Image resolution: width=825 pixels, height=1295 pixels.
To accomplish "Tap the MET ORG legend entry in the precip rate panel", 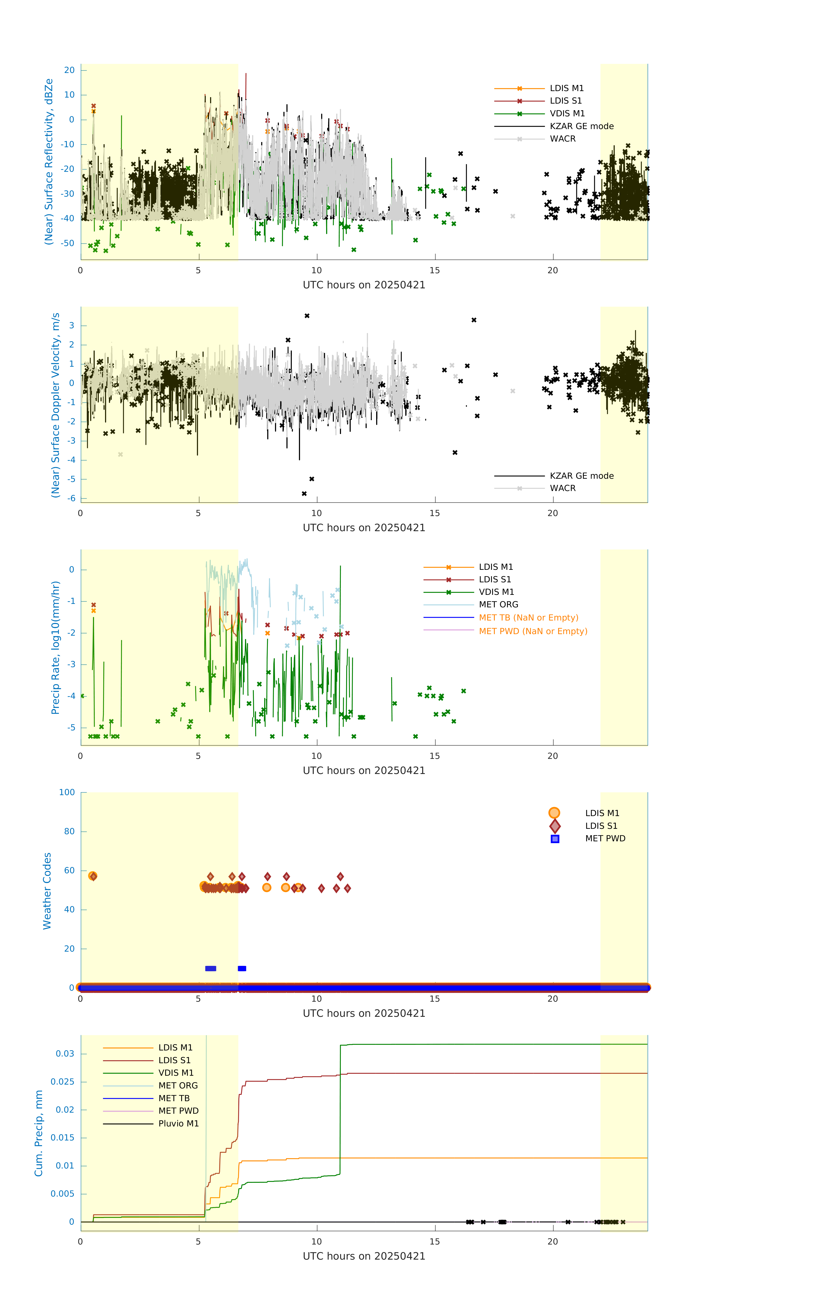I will [498, 605].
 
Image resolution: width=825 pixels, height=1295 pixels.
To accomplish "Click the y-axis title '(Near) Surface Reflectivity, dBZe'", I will [49, 162].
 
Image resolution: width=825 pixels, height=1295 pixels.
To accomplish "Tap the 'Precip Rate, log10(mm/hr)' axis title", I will [55, 647].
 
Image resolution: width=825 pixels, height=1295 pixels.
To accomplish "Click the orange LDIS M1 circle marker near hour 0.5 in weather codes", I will [93, 876].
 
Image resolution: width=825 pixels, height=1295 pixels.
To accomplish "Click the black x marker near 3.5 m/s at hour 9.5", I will [307, 316].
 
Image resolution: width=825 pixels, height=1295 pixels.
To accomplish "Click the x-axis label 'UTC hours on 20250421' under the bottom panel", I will [364, 1256].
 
